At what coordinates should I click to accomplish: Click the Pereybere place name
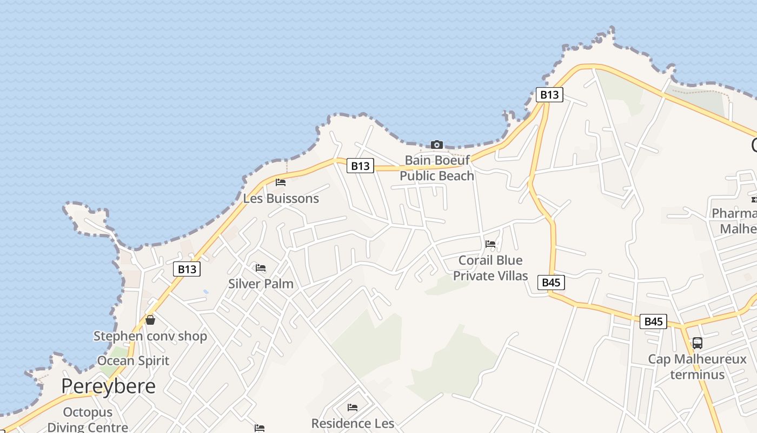[108, 386]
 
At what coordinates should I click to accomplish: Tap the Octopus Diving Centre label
[88, 419]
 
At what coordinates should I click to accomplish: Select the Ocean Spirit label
[133, 360]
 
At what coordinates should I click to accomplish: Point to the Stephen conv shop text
[150, 336]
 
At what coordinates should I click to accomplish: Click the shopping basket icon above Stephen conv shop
[150, 320]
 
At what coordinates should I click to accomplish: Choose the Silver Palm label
[261, 284]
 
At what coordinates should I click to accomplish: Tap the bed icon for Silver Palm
[261, 268]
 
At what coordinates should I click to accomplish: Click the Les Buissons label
[281, 198]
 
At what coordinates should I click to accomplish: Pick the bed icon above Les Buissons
[280, 182]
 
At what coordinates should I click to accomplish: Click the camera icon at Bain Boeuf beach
[436, 145]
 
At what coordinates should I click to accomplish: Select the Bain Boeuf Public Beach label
[437, 168]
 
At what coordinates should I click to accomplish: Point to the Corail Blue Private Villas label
[490, 268]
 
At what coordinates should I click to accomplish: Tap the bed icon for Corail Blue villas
[490, 244]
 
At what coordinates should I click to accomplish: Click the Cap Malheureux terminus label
[697, 366]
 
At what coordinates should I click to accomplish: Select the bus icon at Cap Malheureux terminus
[698, 343]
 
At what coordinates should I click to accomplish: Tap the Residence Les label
[353, 423]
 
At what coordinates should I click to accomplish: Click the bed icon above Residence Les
[353, 407]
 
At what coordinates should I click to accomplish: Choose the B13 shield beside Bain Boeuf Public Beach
[360, 166]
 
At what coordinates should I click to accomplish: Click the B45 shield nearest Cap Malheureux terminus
[653, 322]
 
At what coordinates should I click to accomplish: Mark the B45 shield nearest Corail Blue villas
[551, 282]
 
